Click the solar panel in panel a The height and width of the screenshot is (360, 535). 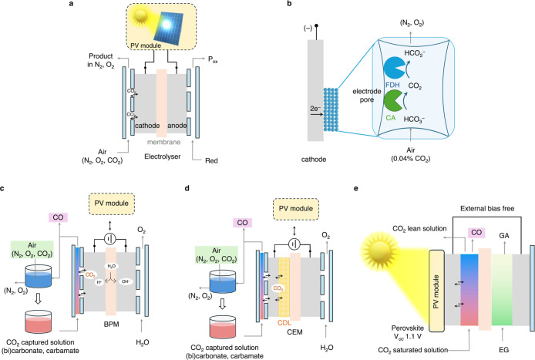(169, 27)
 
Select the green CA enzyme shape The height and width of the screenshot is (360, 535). (394, 102)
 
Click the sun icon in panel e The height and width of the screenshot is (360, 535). (379, 253)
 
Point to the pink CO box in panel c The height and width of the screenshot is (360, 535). (58, 217)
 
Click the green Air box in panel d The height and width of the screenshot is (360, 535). (217, 255)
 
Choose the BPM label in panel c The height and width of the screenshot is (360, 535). (111, 325)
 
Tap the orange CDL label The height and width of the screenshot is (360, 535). (284, 323)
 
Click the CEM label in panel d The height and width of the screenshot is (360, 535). (294, 331)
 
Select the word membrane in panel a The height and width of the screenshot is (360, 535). (163, 142)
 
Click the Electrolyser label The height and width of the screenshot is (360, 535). (163, 156)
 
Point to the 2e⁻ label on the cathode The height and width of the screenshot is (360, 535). (315, 109)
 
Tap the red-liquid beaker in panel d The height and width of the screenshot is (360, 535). (223, 327)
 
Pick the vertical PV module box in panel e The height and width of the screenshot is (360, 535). (436, 291)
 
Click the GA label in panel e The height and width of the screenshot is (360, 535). (504, 235)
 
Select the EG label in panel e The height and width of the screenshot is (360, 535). (503, 349)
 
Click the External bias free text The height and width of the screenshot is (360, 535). (487, 208)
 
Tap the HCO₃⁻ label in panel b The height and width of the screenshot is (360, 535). (414, 119)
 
